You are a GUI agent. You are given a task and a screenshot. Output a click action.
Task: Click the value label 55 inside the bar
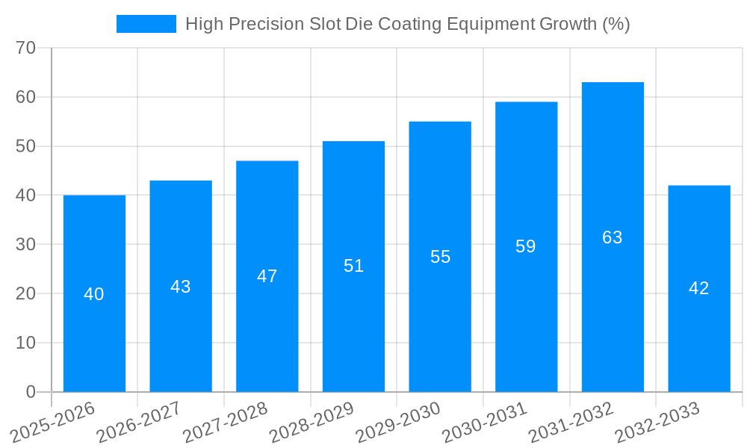(440, 257)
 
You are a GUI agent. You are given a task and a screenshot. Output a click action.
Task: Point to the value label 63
(613, 237)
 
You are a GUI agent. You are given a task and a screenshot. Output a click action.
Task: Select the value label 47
(267, 276)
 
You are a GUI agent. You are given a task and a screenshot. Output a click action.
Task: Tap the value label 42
(699, 288)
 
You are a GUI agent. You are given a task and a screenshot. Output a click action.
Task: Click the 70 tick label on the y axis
(25, 48)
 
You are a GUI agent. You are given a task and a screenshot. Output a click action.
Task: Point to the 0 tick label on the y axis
(31, 392)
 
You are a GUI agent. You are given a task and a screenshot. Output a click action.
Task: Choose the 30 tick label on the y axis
(25, 244)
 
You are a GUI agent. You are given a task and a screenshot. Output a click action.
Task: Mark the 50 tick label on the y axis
(25, 146)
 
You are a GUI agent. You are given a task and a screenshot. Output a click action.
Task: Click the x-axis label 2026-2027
(138, 423)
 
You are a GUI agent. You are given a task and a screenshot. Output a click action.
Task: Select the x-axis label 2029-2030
(397, 423)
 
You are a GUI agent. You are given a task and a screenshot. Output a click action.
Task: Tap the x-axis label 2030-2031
(484, 423)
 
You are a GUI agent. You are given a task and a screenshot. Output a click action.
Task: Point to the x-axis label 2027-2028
(225, 423)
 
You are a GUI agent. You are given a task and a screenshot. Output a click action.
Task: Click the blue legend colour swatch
(146, 24)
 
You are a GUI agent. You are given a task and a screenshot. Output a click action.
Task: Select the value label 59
(526, 246)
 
